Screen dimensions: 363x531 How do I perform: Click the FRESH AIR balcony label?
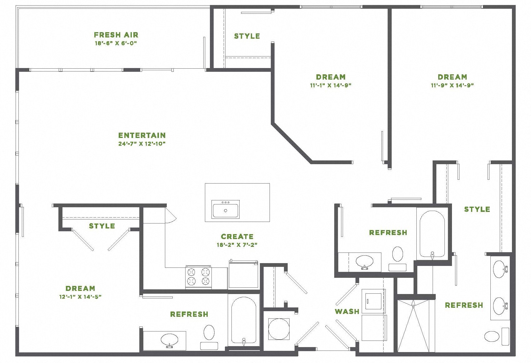point(116,35)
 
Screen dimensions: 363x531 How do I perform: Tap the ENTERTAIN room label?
point(142,135)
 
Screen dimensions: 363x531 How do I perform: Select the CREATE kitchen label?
point(237,237)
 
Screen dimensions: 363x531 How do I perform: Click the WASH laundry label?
point(347,311)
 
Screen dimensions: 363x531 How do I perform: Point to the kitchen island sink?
point(226,209)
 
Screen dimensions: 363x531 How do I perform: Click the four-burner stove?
point(198,277)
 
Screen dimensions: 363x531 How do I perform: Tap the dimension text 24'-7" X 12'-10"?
point(142,144)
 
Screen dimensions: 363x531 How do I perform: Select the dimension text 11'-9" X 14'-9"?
point(452,85)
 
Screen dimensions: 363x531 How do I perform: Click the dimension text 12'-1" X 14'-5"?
point(80,297)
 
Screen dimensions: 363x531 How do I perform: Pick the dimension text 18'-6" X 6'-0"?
point(116,43)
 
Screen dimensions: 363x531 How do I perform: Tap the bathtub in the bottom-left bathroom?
point(244,320)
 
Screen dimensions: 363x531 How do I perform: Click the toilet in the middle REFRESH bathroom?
point(398,254)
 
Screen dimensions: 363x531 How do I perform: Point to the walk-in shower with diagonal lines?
point(413,326)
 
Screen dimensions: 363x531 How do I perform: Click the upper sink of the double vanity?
point(499,269)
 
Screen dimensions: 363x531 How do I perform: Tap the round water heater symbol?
point(279,329)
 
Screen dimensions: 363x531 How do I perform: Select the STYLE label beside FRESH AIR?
point(247,36)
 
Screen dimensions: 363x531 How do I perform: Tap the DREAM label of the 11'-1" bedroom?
point(331,77)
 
